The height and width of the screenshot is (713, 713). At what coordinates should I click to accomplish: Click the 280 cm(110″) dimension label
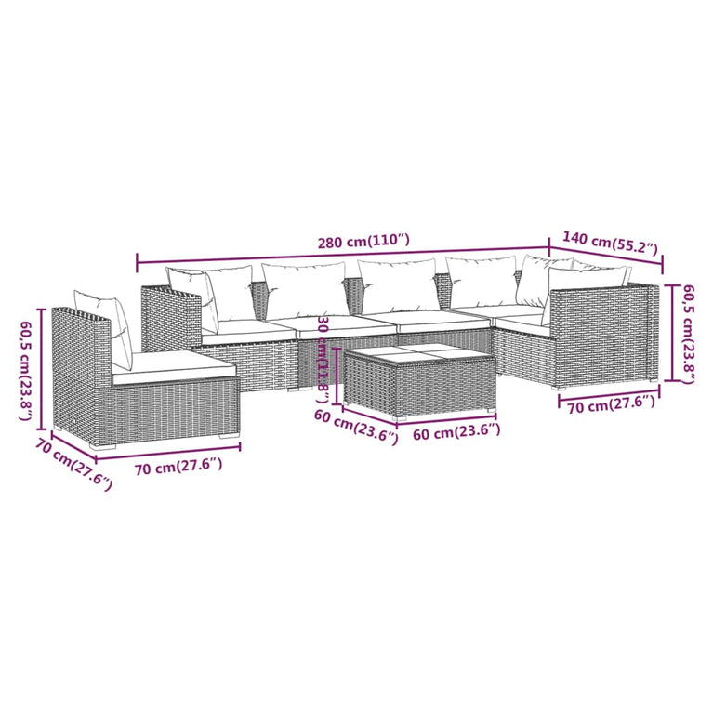[x=363, y=241]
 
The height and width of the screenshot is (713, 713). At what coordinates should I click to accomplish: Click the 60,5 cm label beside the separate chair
[x=27, y=370]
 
